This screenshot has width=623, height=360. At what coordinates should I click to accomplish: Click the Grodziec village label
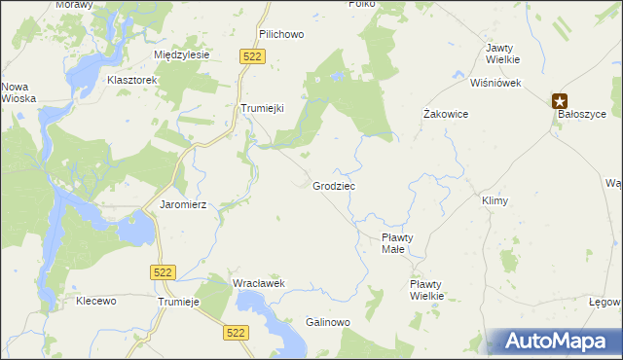click(334, 185)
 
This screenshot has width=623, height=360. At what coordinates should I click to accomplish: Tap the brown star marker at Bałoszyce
click(560, 99)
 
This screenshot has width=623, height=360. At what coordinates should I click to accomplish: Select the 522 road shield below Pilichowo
click(252, 57)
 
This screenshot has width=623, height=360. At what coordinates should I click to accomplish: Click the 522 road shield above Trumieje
click(164, 273)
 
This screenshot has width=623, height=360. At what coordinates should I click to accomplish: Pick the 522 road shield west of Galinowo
click(234, 333)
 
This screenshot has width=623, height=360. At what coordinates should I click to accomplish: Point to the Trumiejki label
click(262, 109)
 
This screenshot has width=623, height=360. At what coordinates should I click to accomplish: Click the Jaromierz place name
click(178, 205)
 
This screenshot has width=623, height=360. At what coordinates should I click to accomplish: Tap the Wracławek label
click(257, 283)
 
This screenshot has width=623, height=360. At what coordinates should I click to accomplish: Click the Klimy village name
click(495, 200)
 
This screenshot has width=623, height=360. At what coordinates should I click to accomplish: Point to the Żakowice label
click(447, 114)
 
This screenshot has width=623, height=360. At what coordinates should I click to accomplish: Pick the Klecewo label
click(96, 302)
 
